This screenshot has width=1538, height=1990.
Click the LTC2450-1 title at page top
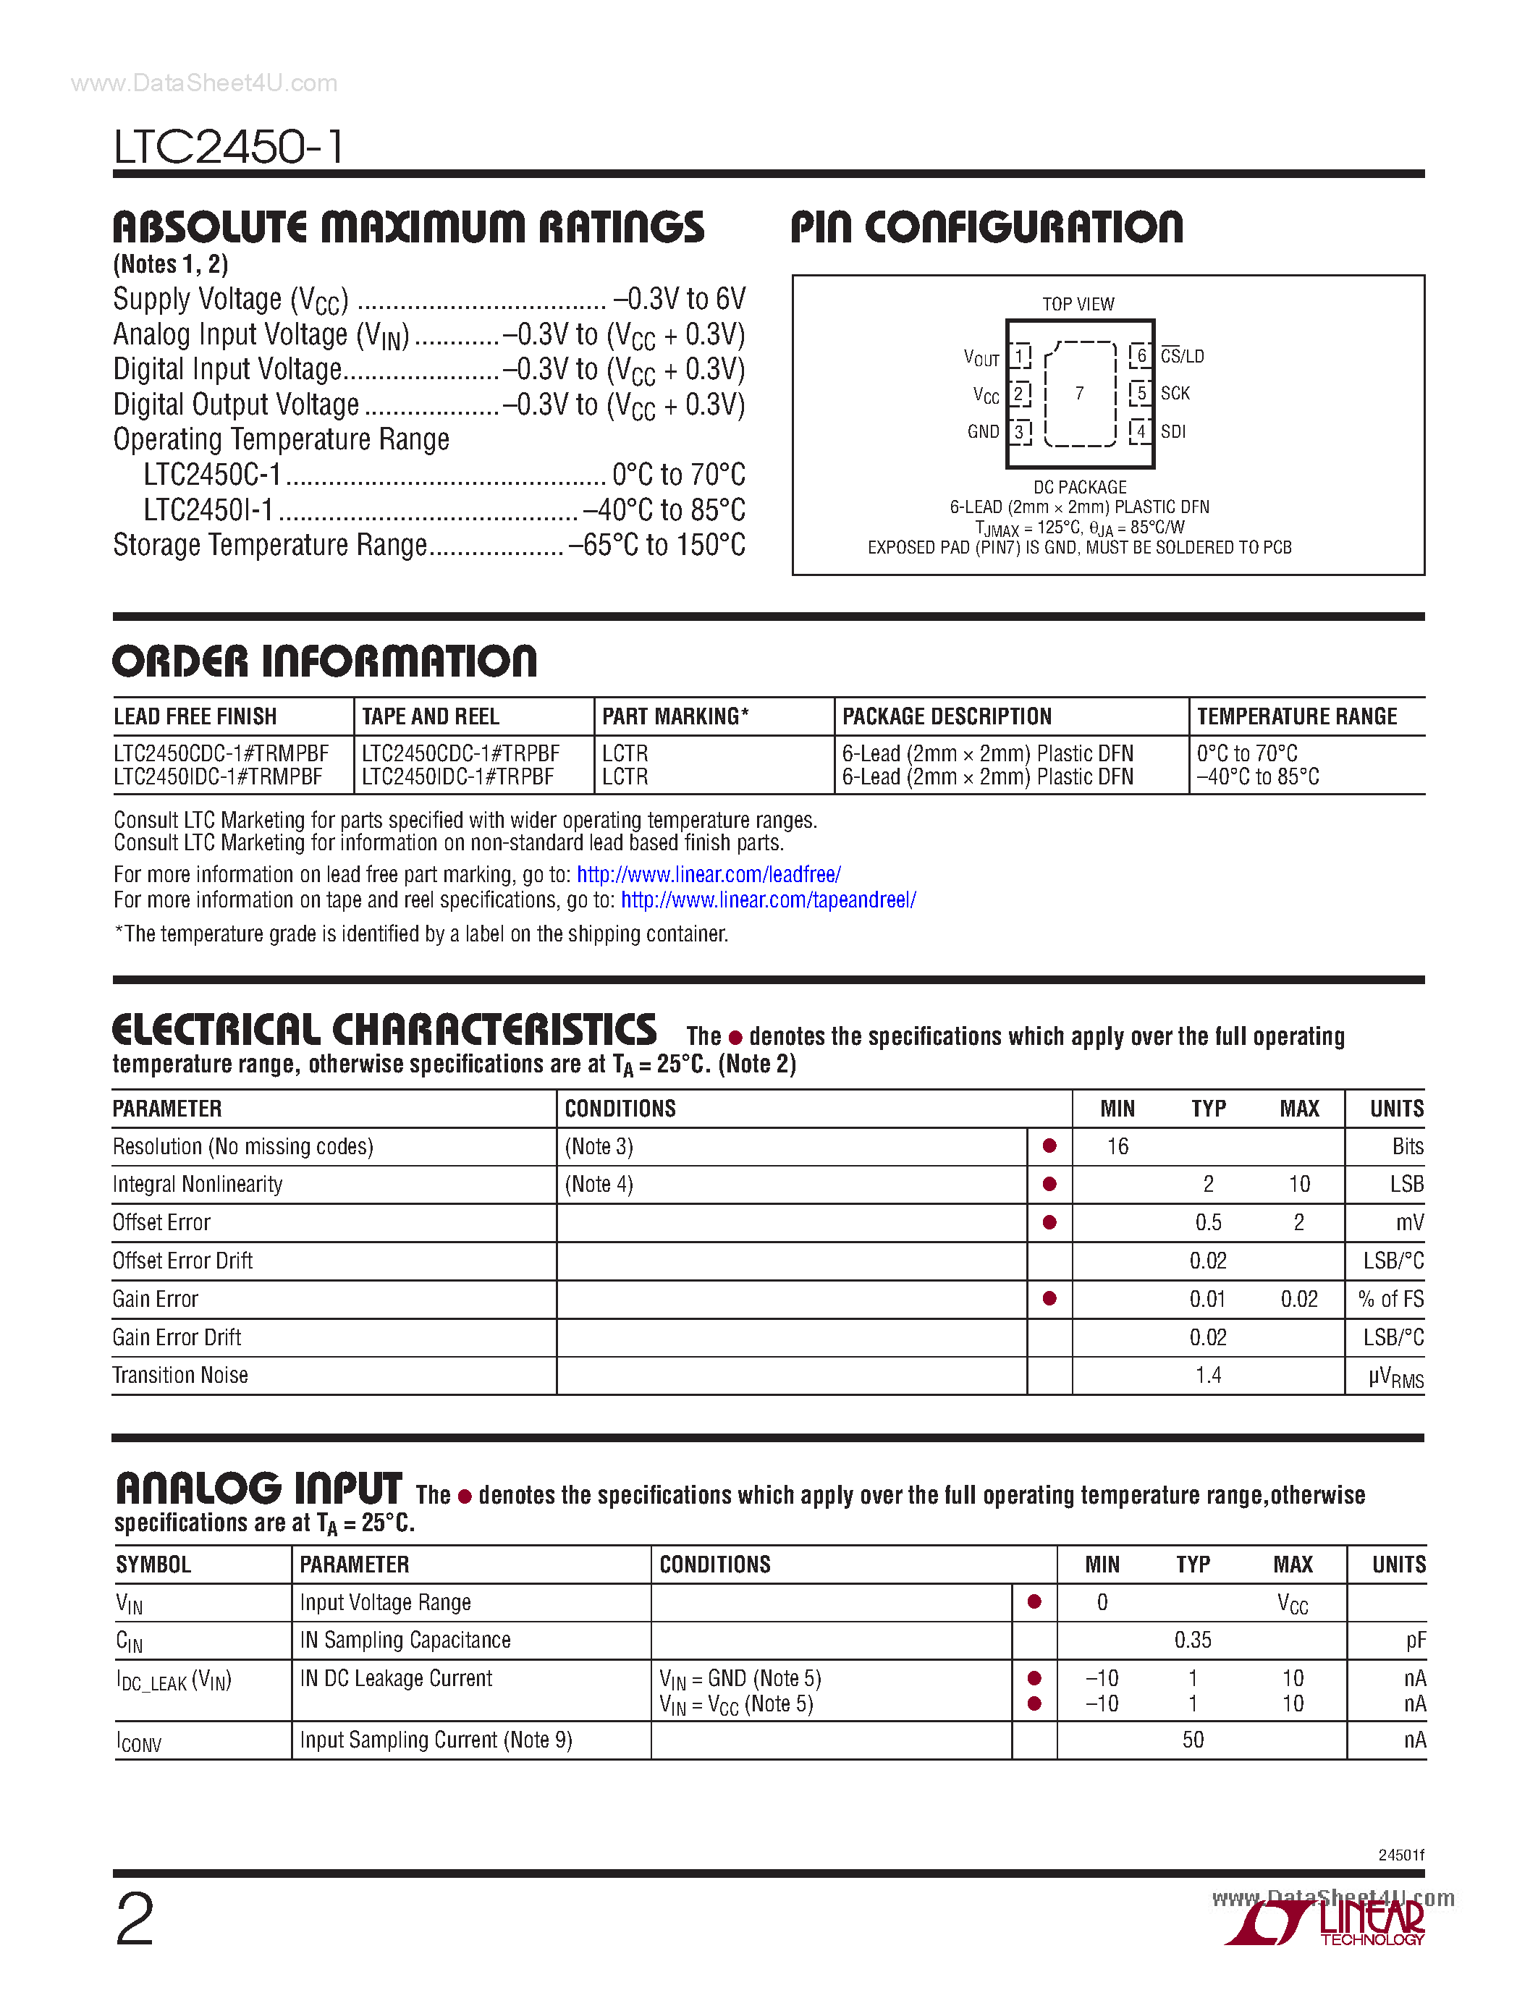tap(229, 147)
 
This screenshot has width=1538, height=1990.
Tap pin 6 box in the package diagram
tap(1141, 355)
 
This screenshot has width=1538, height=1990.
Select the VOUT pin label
tap(981, 358)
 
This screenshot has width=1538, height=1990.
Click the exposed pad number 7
tap(1080, 394)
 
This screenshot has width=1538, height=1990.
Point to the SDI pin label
tap(1172, 432)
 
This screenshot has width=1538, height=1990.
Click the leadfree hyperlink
tap(708, 875)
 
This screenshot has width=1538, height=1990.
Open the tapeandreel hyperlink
tap(768, 900)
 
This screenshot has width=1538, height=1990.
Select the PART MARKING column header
tap(675, 716)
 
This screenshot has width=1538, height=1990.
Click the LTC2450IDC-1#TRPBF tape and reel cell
tap(457, 777)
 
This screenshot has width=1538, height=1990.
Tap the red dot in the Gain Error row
tap(1049, 1298)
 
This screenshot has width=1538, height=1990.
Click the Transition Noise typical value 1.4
tap(1208, 1375)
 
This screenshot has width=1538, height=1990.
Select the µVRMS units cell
tap(1395, 1377)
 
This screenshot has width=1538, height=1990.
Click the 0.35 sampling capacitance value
tap(1193, 1640)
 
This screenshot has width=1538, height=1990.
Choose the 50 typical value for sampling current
tap(1193, 1740)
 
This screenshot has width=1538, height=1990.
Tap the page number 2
tap(135, 1920)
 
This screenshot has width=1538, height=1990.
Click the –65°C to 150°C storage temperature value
tap(656, 545)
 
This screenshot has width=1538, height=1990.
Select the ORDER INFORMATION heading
tap(324, 661)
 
